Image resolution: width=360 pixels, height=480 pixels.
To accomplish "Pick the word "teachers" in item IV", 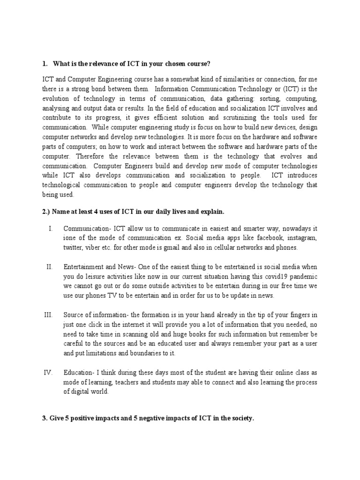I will point(118,382).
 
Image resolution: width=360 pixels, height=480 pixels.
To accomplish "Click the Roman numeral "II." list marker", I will point(50,267).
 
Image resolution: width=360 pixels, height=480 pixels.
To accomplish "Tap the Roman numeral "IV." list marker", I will point(48,373).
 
